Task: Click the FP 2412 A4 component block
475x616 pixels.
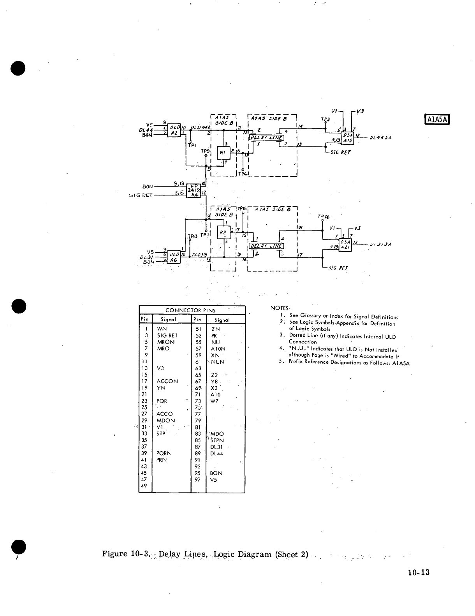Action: pyautogui.click(x=194, y=190)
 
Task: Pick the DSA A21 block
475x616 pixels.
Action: pyautogui.click(x=345, y=245)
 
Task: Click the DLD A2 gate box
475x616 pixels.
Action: pyautogui.click(x=174, y=130)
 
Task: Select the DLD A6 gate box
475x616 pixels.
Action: pyautogui.click(x=174, y=258)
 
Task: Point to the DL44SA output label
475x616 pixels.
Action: pyautogui.click(x=381, y=137)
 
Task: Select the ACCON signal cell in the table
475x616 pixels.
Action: pyautogui.click(x=167, y=381)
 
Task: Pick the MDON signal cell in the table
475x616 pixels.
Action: pyautogui.click(x=166, y=421)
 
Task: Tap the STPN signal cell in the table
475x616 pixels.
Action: pyautogui.click(x=217, y=440)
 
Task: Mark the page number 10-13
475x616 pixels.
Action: pyautogui.click(x=419, y=572)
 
